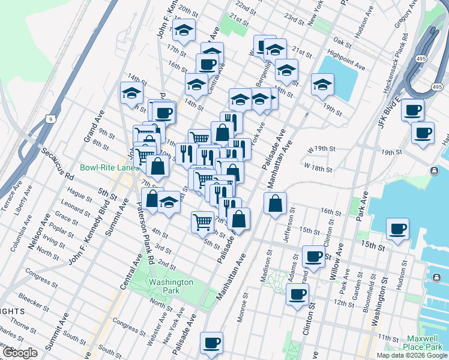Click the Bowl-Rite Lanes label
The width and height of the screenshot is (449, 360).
pyautogui.click(x=110, y=167)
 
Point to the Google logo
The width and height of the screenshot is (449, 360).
pyautogui.click(x=20, y=353)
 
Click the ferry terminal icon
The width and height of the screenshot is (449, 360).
pyautogui.click(x=434, y=171)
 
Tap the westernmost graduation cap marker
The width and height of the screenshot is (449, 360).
pyautogui.click(x=131, y=92)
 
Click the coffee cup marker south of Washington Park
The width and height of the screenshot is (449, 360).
pyautogui.click(x=211, y=343)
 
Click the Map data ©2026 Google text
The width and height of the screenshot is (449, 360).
pyautogui.click(x=412, y=355)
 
